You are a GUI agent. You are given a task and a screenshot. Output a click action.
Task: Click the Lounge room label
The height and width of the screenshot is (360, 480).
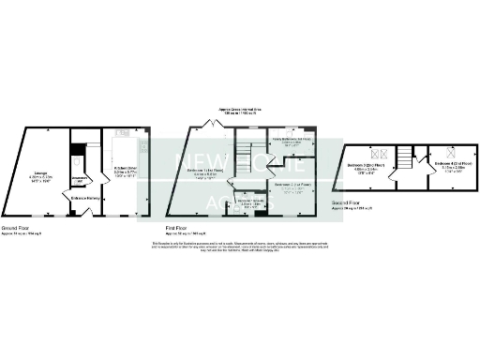[39, 175]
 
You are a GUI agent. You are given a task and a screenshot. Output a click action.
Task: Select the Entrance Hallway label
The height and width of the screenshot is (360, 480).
[88, 198]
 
